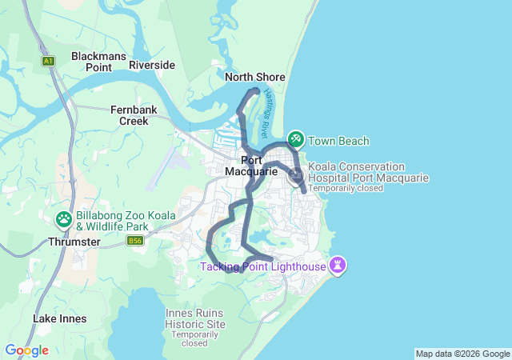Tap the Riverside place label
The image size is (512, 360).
coord(152,65)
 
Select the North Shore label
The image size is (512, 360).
coord(254,77)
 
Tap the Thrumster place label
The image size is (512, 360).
coord(74,242)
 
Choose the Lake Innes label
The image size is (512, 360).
coord(60,318)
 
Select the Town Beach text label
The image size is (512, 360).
coord(338,142)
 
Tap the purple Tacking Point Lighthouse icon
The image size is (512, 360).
coord(338,265)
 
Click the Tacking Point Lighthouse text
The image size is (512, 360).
coord(263,266)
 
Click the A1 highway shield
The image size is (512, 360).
coord(49,61)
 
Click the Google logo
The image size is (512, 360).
coord(26,350)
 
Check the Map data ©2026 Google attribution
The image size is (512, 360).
coord(462,354)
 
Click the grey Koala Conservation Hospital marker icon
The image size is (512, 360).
coord(295,178)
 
